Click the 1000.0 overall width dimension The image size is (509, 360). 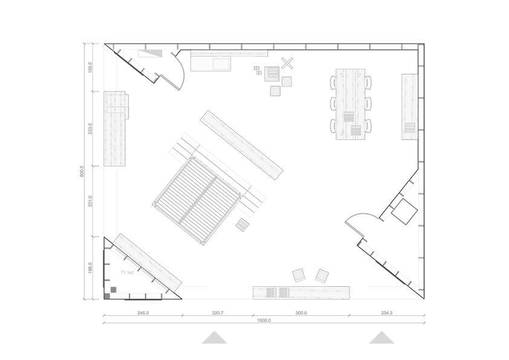[x=264, y=320]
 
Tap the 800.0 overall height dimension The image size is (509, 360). [x=82, y=171]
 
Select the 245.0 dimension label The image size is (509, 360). [x=143, y=313]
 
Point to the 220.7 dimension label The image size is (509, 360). [x=218, y=313]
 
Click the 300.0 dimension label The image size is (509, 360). [x=301, y=313]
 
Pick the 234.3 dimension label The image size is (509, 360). [x=387, y=313]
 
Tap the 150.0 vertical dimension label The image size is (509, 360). [x=90, y=67]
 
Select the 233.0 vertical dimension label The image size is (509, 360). [x=90, y=128]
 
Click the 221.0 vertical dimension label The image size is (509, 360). [x=90, y=201]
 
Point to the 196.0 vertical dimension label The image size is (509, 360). [x=90, y=267]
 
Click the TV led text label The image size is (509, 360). [x=127, y=272]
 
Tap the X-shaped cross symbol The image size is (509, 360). [x=287, y=63]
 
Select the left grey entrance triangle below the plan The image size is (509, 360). [x=214, y=338]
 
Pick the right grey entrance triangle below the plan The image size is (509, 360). [x=382, y=338]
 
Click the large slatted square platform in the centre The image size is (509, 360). [x=196, y=200]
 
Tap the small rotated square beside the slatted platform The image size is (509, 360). [x=242, y=224]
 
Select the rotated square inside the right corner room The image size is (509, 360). [x=404, y=212]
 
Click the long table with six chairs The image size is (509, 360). [x=351, y=104]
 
